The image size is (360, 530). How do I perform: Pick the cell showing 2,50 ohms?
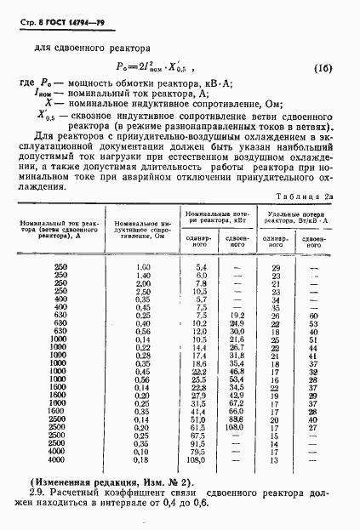[x=143, y=292]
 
